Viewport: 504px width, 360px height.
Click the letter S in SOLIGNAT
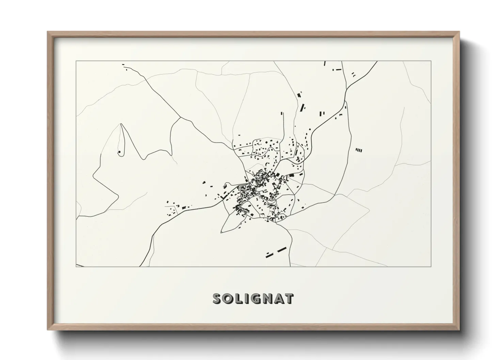point(218,298)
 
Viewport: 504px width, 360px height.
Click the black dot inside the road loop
point(119,152)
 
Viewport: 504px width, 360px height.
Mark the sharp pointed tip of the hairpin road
point(121,124)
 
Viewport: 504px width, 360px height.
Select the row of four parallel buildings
point(359,150)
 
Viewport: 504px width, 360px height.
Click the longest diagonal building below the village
point(281,250)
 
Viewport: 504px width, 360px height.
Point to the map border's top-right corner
point(431,61)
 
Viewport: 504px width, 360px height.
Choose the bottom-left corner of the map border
point(76,266)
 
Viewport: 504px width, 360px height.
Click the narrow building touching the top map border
point(325,63)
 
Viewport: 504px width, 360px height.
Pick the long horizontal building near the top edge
point(338,69)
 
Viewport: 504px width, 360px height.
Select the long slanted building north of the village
point(302,108)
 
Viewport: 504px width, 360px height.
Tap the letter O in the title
point(229,298)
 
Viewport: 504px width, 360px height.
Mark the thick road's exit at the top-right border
point(377,62)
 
